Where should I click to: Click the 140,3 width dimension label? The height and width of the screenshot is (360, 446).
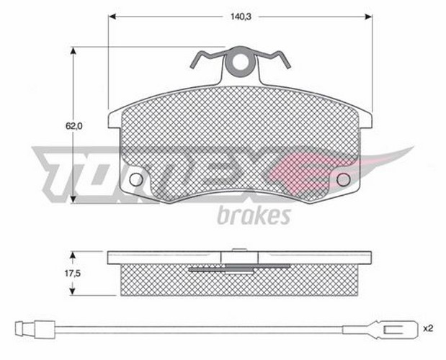coord(241,17)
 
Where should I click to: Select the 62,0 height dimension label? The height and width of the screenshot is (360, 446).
coord(74,126)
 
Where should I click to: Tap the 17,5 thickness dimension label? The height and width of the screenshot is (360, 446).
coord(73,274)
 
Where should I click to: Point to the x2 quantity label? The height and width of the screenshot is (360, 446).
coord(428,329)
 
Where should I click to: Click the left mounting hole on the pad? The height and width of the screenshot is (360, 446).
coord(135,179)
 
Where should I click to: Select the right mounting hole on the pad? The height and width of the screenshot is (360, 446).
coord(343,179)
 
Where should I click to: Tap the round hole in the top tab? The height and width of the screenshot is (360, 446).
coord(241,62)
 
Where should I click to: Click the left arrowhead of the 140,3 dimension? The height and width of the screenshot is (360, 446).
coord(112,17)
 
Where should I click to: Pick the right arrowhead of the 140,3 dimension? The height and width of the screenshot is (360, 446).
coord(369,17)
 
